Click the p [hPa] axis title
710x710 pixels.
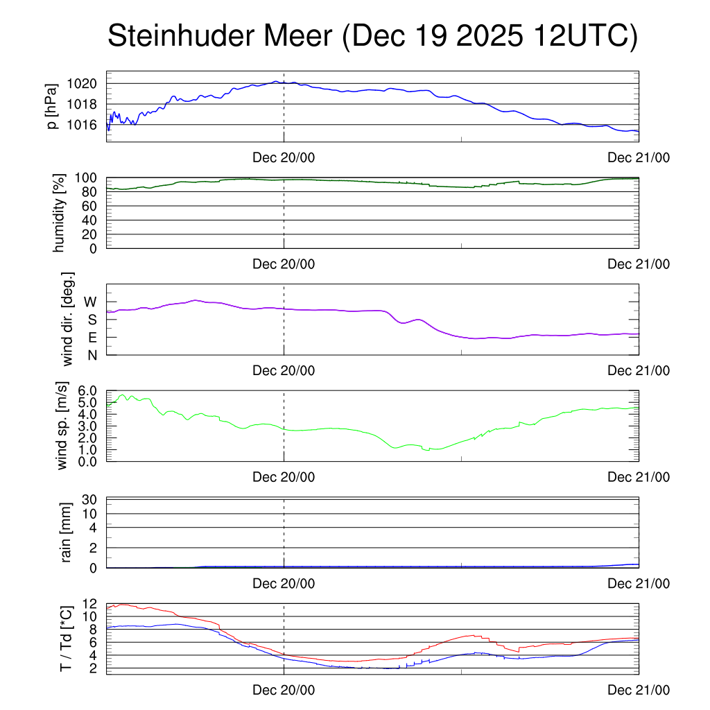(x=52, y=105)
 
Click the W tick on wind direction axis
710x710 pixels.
(x=90, y=302)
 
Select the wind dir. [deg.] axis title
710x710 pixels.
(x=67, y=319)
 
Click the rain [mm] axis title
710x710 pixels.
(x=67, y=532)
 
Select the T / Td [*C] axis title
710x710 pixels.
(x=67, y=639)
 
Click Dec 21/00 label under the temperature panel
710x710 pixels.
(x=639, y=691)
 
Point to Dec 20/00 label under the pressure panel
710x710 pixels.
(x=284, y=158)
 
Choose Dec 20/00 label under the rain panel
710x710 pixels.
(x=284, y=584)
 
